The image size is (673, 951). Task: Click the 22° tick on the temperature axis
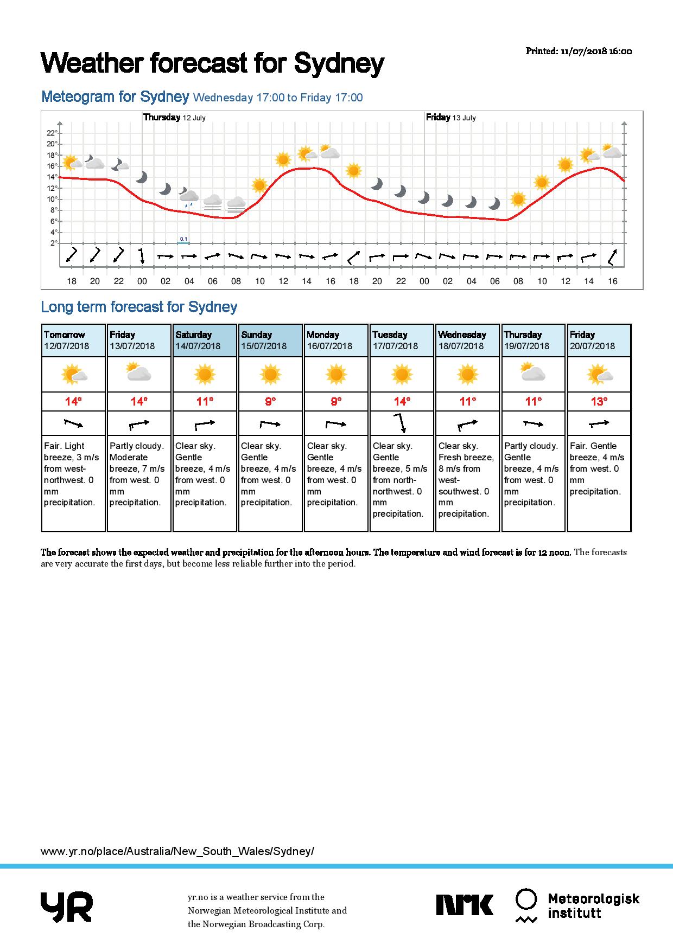pyautogui.click(x=52, y=133)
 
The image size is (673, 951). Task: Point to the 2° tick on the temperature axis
pyautogui.click(x=54, y=243)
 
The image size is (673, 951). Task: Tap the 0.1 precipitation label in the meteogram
pyautogui.click(x=183, y=239)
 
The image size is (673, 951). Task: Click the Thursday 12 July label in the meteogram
pyautogui.click(x=174, y=117)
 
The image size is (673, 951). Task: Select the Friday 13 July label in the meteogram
pyautogui.click(x=450, y=117)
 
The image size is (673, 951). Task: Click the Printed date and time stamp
pyautogui.click(x=579, y=51)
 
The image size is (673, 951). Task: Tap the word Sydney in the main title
pyautogui.click(x=339, y=64)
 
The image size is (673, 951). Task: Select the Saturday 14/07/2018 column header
pyautogui.click(x=205, y=340)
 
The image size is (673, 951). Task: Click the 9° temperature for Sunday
pyautogui.click(x=270, y=401)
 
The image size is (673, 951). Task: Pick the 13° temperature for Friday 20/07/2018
pyautogui.click(x=599, y=401)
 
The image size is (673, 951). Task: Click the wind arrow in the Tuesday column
pyautogui.click(x=401, y=423)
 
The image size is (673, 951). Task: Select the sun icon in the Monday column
pyautogui.click(x=336, y=374)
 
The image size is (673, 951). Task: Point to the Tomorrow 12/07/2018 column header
pyautogui.click(x=73, y=340)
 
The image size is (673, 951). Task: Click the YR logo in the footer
pyautogui.click(x=66, y=907)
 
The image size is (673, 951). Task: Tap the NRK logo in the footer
pyautogui.click(x=465, y=905)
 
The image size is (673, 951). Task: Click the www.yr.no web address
pyautogui.click(x=177, y=851)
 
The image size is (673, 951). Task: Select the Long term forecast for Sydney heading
pyautogui.click(x=139, y=307)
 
